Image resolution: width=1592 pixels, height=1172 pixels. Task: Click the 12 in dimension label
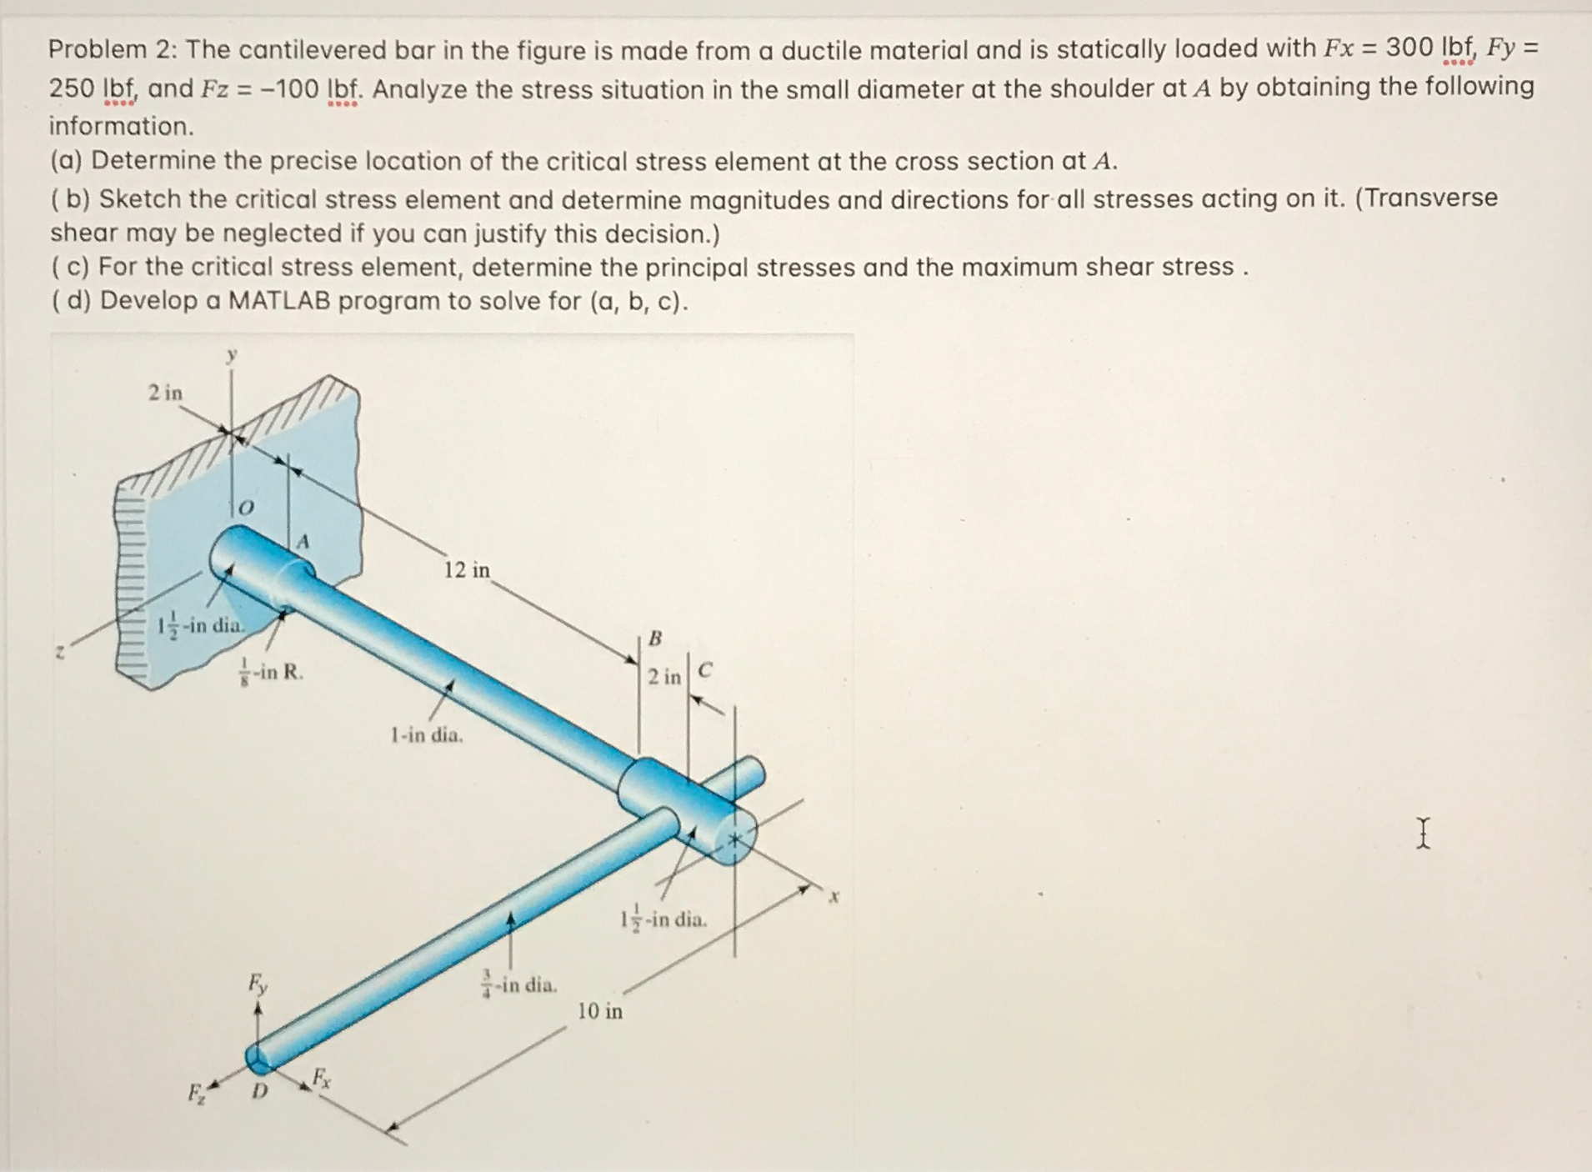point(467,570)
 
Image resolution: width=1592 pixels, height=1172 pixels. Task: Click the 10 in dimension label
point(600,1011)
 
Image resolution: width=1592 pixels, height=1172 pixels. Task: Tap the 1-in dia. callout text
point(427,735)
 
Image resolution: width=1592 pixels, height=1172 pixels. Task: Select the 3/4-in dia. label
point(519,984)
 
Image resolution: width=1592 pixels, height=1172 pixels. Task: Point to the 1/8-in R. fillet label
point(271,672)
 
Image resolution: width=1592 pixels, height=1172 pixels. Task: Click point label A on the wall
point(303,542)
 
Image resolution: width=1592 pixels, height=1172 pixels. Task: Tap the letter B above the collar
point(655,639)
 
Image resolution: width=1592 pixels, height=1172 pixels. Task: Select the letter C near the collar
point(705,670)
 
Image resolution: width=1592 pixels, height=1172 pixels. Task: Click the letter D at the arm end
point(260,1091)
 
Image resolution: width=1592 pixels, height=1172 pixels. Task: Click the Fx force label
point(321,1079)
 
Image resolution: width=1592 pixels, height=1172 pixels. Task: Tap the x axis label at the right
point(834,897)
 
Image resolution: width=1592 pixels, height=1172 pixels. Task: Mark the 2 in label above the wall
point(165,393)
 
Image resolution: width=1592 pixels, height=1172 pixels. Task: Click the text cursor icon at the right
point(1423,833)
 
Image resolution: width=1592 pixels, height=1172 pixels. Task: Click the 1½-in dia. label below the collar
point(663,919)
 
